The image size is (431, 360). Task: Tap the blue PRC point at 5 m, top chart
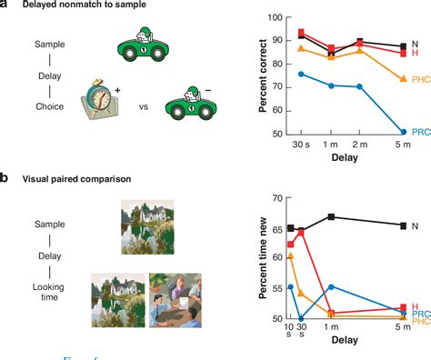404,132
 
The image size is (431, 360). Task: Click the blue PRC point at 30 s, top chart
303,74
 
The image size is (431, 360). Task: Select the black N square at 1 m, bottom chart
332,216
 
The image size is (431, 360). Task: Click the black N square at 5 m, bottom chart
403,225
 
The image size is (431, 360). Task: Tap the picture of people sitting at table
175,300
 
